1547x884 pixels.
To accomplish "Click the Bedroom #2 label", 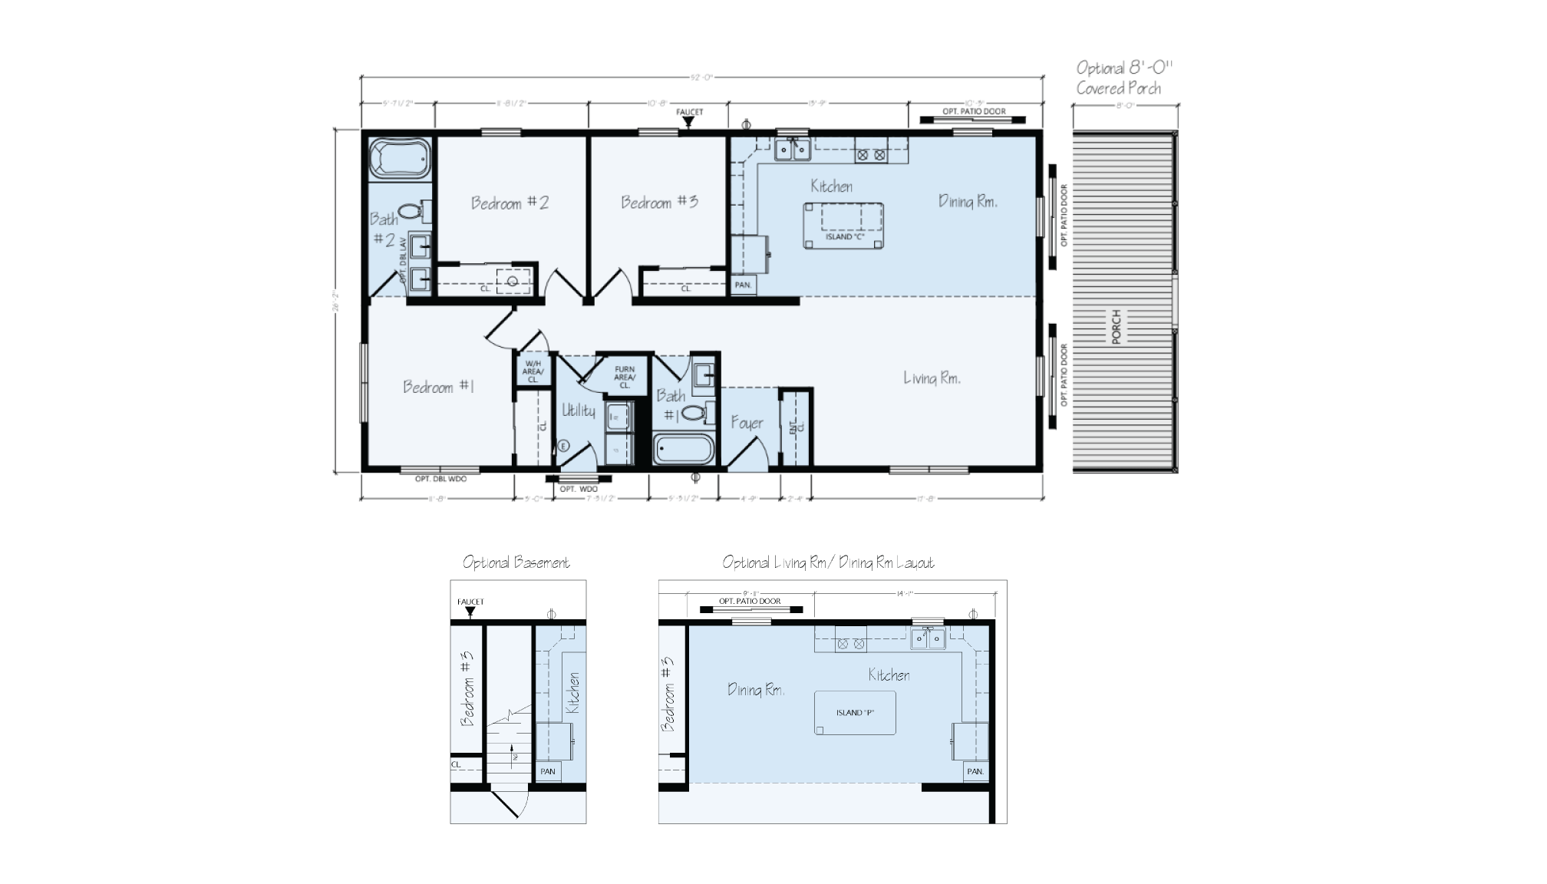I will pos(510,203).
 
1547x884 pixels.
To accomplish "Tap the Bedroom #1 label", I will pos(438,387).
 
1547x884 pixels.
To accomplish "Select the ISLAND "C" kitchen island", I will pos(843,225).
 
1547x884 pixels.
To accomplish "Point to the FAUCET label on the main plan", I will pos(689,112).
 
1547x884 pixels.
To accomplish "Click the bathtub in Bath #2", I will pos(399,159).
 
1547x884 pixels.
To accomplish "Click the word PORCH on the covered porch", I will pos(1117,327).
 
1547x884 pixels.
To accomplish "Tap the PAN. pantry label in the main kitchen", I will pos(743,285).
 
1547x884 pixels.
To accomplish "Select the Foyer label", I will pos(747,423).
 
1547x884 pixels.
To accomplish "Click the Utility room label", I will pos(579,411).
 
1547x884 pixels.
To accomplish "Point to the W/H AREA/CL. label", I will pos(533,371).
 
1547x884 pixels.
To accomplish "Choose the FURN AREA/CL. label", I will pos(625,377).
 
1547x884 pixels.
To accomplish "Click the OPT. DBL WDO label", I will pos(440,479).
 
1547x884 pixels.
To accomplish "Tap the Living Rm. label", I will pos(932,378).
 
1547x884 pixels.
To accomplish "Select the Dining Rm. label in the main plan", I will pos(968,201).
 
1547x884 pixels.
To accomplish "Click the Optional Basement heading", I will pos(516,562).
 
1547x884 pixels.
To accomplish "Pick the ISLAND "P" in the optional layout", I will pos(855,713).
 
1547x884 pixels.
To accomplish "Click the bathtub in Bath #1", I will pos(684,450).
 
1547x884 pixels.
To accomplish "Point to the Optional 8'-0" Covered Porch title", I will pos(1123,78).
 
